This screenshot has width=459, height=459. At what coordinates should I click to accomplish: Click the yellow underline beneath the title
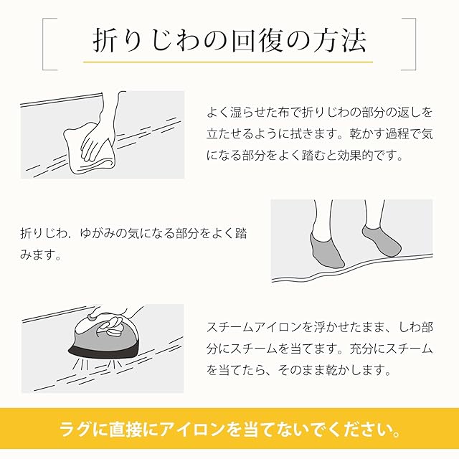click(228, 62)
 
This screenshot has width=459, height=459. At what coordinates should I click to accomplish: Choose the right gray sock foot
click(381, 241)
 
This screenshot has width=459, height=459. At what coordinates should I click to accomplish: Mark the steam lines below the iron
click(98, 365)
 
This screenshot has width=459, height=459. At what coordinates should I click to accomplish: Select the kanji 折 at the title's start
click(105, 40)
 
